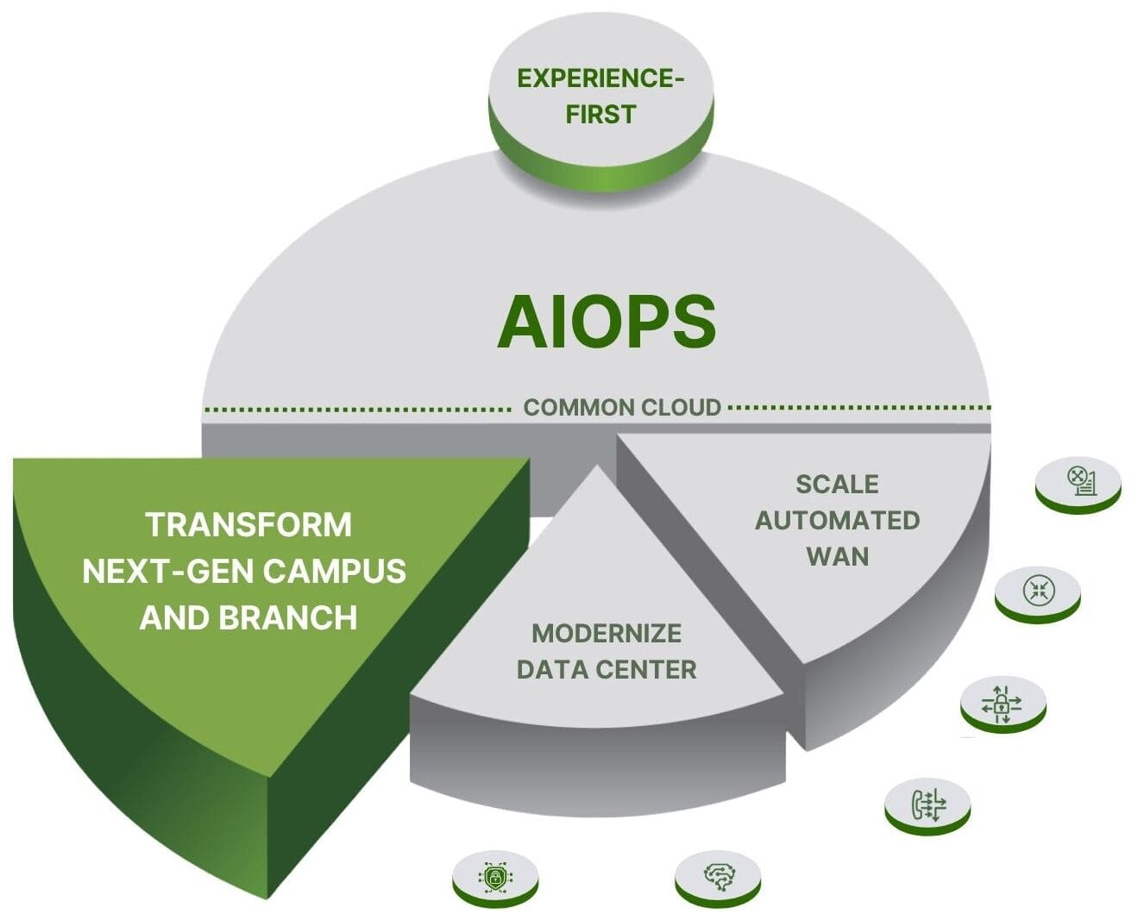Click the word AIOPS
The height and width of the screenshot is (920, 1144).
click(607, 322)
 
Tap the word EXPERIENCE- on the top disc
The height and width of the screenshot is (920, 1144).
click(600, 78)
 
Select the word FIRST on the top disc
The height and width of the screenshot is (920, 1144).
click(600, 114)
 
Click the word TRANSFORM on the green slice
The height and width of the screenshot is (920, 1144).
click(248, 524)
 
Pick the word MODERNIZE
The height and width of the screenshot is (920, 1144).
click(607, 634)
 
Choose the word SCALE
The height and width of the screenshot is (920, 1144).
click(837, 485)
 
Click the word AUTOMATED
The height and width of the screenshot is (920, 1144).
click(837, 521)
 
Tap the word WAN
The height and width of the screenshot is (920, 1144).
click(837, 556)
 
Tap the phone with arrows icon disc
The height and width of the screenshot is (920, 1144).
click(927, 804)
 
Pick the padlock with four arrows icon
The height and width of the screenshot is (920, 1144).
click(1002, 702)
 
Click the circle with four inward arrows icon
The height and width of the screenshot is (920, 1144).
click(1036, 591)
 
